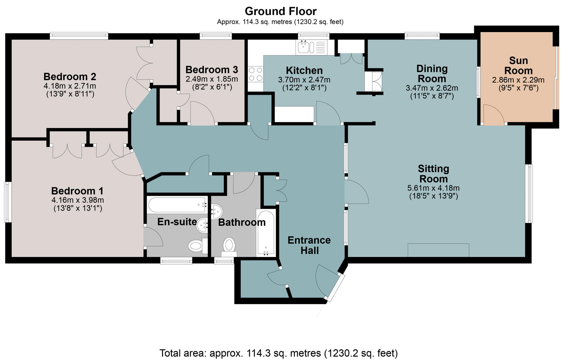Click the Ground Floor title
coord(280,11)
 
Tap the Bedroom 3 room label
coord(211,70)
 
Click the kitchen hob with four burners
coord(255,74)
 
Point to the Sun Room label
coord(518,66)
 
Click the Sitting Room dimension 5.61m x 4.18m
coord(433,188)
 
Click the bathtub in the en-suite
coord(177,205)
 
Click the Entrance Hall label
coord(309,245)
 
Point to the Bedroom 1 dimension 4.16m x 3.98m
coord(77,200)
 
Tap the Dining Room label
coord(432,74)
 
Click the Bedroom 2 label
coord(70,76)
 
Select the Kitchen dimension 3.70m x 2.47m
coord(304,80)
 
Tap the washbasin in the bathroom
coord(217,211)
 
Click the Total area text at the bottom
coord(278,353)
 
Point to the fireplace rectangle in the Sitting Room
coord(438,250)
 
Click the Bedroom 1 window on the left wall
coord(8,202)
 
